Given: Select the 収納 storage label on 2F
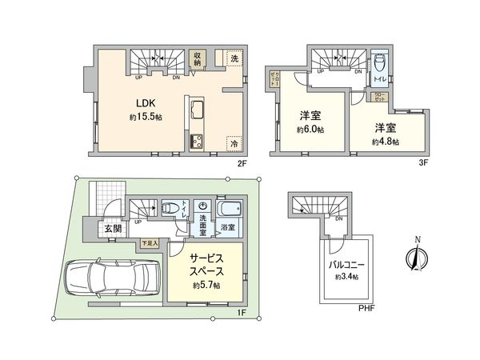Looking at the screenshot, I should point(197,60).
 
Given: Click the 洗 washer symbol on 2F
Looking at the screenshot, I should point(234,58).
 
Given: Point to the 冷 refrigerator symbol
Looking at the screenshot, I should point(234,142).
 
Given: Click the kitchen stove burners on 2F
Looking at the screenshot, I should point(197,142).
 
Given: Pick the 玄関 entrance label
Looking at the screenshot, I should point(113,230).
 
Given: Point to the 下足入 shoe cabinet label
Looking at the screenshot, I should point(150,242).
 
